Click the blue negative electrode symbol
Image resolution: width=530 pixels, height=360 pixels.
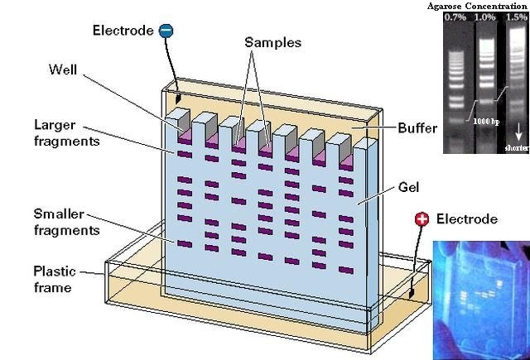click(x=166, y=31)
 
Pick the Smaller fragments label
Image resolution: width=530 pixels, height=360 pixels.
click(x=62, y=220)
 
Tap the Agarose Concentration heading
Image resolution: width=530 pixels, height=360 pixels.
click(x=478, y=7)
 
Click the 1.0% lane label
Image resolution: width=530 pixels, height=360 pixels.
click(x=485, y=17)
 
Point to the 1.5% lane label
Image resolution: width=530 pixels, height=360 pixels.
click(x=516, y=17)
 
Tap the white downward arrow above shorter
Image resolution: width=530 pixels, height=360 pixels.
click(x=517, y=131)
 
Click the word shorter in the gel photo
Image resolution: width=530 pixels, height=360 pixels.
click(x=517, y=147)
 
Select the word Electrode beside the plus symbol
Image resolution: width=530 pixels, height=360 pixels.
click(x=467, y=219)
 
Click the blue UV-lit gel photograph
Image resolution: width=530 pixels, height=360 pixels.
click(x=481, y=298)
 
